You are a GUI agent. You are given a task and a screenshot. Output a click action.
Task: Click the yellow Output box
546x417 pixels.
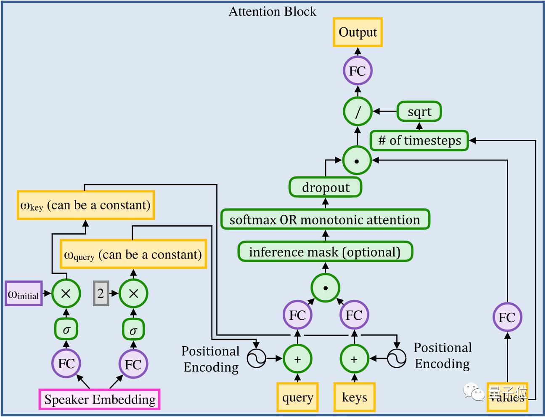pyautogui.click(x=358, y=32)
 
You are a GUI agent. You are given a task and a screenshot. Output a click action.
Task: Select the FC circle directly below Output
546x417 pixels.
pyautogui.click(x=358, y=71)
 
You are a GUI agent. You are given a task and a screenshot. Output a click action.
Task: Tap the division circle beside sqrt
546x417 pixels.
pyautogui.click(x=358, y=112)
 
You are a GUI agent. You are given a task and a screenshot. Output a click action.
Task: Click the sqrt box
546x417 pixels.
pyautogui.click(x=419, y=112)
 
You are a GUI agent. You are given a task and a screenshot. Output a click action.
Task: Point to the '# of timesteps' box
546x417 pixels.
pyautogui.click(x=419, y=140)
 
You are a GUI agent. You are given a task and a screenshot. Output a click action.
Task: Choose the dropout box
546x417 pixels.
pyautogui.click(x=325, y=187)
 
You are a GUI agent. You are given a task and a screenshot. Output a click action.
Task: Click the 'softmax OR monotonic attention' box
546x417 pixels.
pyautogui.click(x=325, y=219)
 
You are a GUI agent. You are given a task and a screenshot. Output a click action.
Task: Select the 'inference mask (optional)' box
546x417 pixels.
pyautogui.click(x=325, y=252)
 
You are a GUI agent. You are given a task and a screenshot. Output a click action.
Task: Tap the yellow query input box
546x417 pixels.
pyautogui.click(x=297, y=397)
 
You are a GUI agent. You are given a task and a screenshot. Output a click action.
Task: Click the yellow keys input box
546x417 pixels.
pyautogui.click(x=354, y=397)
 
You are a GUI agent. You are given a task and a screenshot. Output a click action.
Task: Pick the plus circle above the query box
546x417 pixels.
pyautogui.click(x=297, y=359)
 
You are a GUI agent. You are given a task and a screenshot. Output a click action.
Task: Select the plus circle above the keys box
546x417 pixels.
pyautogui.click(x=354, y=359)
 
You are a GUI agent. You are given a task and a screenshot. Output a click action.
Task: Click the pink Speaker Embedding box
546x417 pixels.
pyautogui.click(x=100, y=399)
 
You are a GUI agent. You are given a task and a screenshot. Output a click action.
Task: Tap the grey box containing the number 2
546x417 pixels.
pyautogui.click(x=101, y=293)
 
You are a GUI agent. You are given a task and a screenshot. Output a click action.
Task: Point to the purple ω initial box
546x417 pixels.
pyautogui.click(x=24, y=293)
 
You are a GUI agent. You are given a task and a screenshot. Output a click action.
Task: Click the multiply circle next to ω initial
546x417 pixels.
pyautogui.click(x=66, y=293)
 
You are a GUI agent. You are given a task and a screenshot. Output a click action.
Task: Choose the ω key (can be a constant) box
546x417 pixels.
pyautogui.click(x=85, y=205)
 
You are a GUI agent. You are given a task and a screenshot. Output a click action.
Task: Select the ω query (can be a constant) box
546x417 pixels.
pyautogui.click(x=133, y=254)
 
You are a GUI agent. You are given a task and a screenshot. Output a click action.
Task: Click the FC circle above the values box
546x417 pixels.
pyautogui.click(x=507, y=317)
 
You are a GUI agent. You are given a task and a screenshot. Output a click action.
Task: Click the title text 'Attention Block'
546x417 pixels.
pyautogui.click(x=272, y=11)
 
